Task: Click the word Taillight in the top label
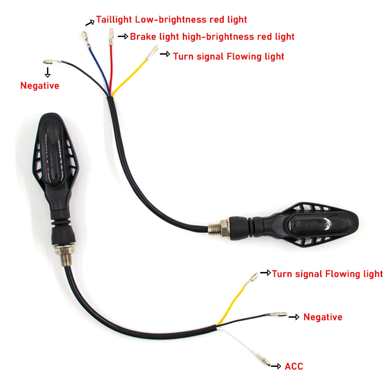tap(114, 19)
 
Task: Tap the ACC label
tap(294, 366)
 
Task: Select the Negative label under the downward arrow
tap(40, 86)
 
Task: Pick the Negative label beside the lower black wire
tap(323, 317)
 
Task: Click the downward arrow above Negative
tap(47, 72)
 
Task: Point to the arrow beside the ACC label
tap(276, 366)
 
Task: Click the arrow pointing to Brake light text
tap(123, 37)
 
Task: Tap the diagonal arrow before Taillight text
tap(90, 23)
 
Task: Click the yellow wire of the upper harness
tap(129, 78)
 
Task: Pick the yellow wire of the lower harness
tap(231, 305)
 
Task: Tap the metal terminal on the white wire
tap(263, 360)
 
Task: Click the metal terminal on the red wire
tap(111, 37)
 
